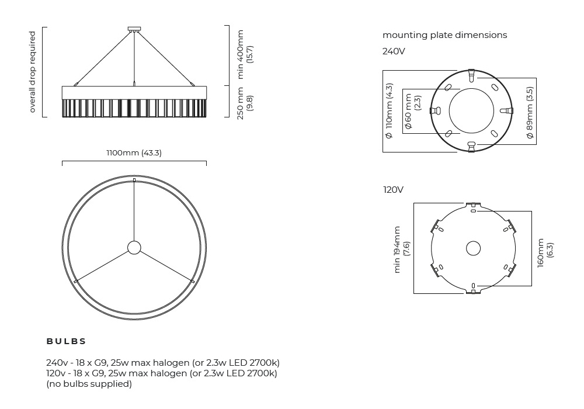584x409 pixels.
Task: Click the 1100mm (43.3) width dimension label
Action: point(134,152)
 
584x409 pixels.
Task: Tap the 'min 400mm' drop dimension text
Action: point(240,54)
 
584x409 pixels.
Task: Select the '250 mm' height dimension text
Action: point(240,103)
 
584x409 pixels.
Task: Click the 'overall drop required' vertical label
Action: point(32,72)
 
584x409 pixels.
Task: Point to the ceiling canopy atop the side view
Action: point(134,29)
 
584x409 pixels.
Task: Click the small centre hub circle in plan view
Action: point(134,247)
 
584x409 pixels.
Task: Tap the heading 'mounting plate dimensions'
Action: point(444,35)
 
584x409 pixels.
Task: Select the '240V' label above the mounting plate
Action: point(394,51)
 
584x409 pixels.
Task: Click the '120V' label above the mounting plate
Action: point(393,189)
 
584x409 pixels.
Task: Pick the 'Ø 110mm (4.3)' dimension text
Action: point(389,111)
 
